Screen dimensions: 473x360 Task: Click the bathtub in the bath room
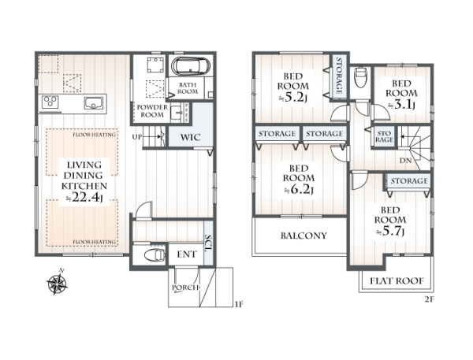point(190,65)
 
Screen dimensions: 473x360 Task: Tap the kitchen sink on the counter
point(94,103)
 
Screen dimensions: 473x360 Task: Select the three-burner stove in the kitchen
point(50,102)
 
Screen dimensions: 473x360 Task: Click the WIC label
point(190,138)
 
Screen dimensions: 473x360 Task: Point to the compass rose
point(57,283)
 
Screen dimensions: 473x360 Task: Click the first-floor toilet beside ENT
point(155,255)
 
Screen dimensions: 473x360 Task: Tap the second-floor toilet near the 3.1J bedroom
point(360,76)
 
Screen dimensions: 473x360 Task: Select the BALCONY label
point(304,236)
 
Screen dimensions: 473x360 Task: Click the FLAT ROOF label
point(397,281)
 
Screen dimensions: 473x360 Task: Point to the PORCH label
point(185,288)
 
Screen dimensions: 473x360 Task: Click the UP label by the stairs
point(137,137)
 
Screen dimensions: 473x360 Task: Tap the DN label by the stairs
point(405,161)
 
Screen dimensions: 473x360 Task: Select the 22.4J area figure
point(84,198)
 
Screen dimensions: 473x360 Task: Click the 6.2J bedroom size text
point(299,190)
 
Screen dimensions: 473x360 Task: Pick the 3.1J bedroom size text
point(401,105)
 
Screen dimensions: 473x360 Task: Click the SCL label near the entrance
point(208,243)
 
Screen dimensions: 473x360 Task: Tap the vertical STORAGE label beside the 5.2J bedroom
point(339,76)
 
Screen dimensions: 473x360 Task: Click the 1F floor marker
point(238,304)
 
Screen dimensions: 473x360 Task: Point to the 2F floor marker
point(429,299)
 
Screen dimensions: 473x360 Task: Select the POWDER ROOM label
point(152,111)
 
